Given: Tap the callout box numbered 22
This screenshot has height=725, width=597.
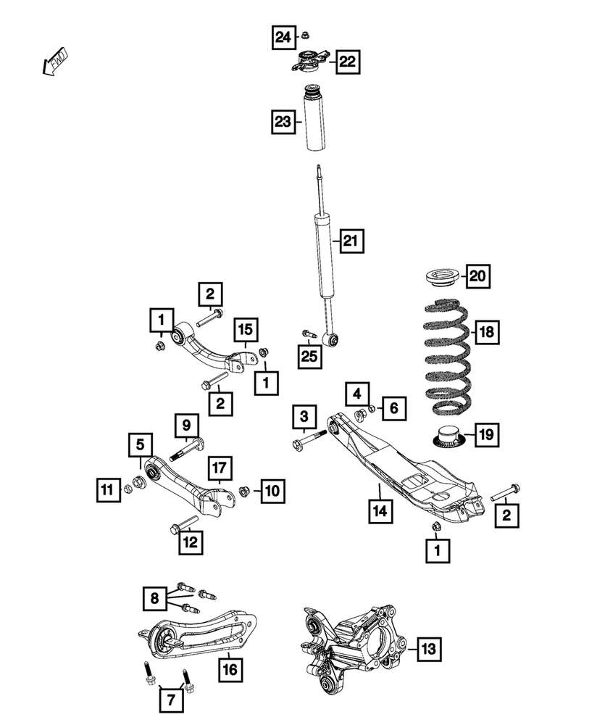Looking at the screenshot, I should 347,62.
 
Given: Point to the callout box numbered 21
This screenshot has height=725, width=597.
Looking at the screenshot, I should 351,240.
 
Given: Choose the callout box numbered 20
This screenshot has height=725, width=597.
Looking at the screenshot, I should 477,275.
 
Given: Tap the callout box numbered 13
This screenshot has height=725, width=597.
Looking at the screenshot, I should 429,648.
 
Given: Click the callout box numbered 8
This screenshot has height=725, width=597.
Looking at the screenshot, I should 154,599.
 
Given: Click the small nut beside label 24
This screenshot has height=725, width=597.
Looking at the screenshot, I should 306,34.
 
